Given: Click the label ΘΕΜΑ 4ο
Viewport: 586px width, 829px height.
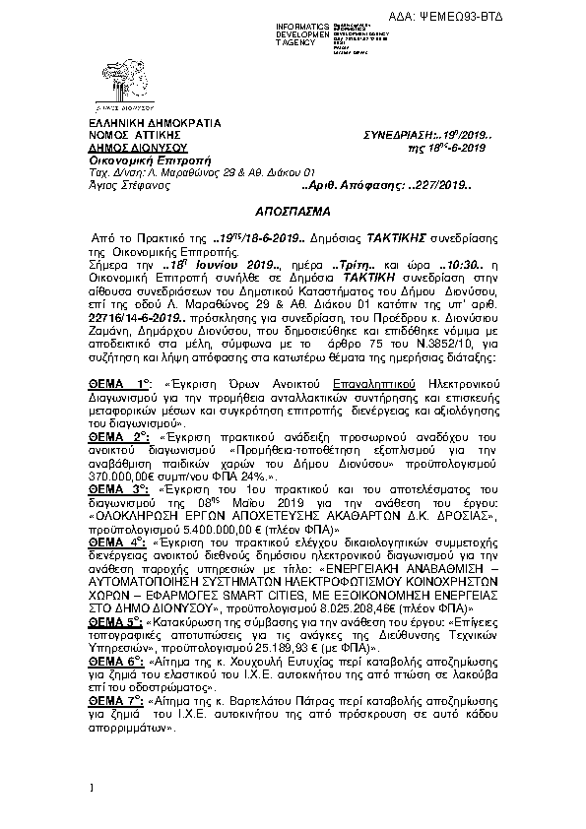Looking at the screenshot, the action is [116, 542].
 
